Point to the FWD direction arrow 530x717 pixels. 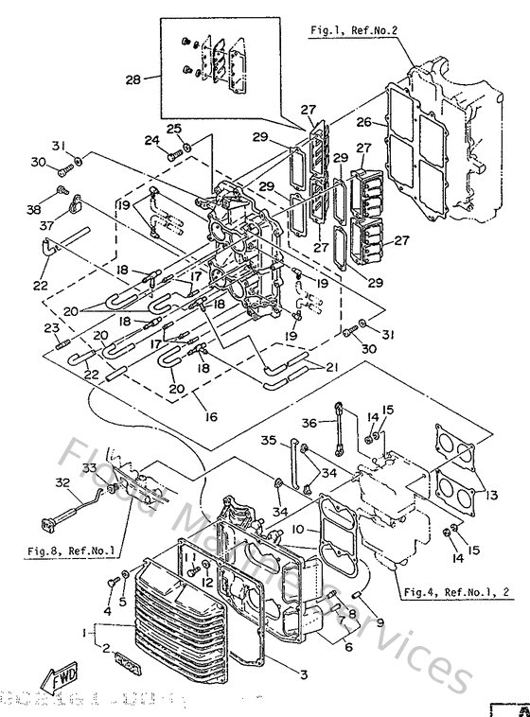(x=59, y=675)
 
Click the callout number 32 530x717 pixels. (x=62, y=482)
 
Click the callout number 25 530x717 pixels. (x=174, y=129)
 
